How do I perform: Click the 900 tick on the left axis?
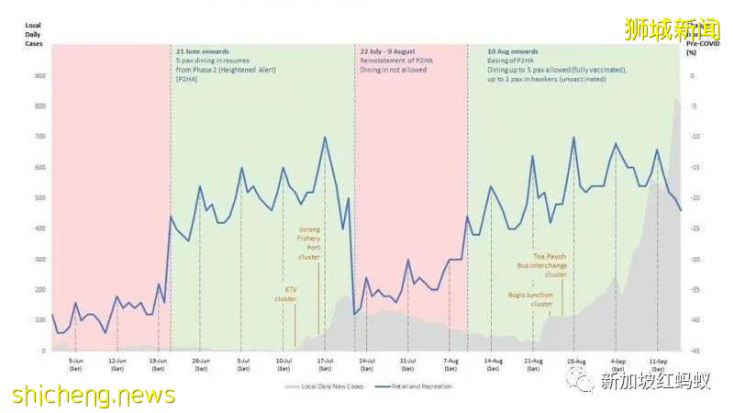(x=40, y=75)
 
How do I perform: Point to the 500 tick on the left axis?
(x=40, y=198)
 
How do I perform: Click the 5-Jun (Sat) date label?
(x=76, y=364)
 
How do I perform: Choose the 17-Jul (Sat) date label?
(x=325, y=364)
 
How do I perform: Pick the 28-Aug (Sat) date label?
(x=575, y=364)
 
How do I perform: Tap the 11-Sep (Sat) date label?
(x=658, y=364)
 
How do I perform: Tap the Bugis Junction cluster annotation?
(x=531, y=299)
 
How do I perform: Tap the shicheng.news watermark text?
(x=93, y=396)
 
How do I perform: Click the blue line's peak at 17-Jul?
(x=325, y=138)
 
